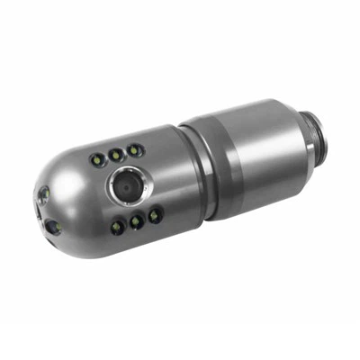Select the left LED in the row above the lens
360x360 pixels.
click(x=97, y=160)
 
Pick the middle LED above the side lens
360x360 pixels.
click(x=115, y=155)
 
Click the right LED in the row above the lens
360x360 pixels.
click(x=133, y=149)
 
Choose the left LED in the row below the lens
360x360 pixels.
click(x=117, y=226)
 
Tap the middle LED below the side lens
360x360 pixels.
click(x=137, y=220)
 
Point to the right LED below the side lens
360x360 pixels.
click(x=155, y=214)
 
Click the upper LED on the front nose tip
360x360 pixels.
click(x=42, y=193)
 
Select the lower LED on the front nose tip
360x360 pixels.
click(x=53, y=227)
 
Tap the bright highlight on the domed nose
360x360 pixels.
click(x=72, y=171)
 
